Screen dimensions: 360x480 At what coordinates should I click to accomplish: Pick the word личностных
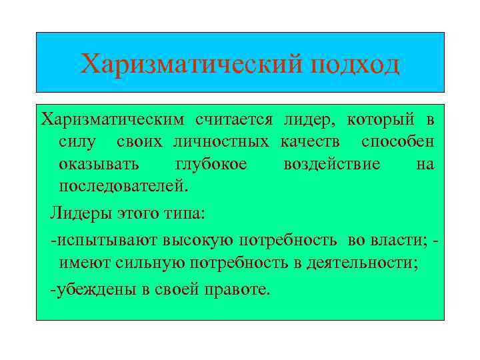pos(221,141)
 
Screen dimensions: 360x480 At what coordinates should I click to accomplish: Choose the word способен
pos(398,141)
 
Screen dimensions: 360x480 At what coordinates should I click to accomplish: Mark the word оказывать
pos(99,163)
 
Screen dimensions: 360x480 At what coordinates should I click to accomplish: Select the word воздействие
pos(332,163)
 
